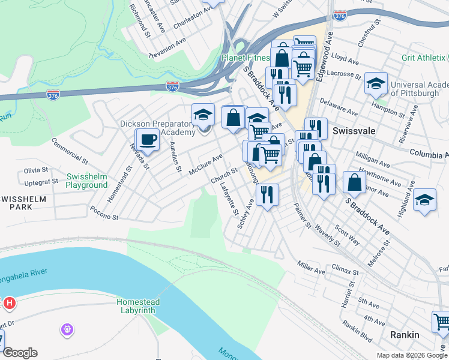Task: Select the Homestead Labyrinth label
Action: [136, 306]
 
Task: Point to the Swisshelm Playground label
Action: [87, 181]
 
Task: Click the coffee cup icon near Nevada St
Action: [147, 140]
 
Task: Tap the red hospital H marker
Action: [9, 304]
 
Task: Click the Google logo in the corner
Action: [20, 353]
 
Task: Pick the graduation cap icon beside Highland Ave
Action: [425, 200]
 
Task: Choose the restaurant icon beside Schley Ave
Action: [267, 194]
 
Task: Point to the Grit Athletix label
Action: [424, 58]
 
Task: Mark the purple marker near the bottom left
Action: [67, 329]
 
